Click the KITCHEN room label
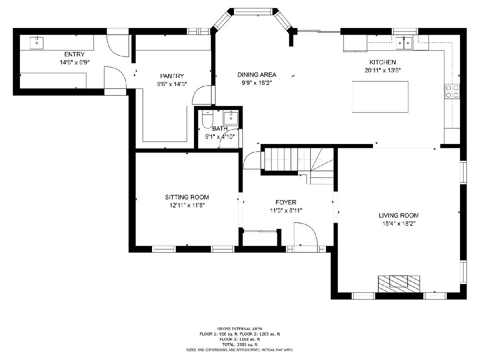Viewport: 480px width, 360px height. [382, 62]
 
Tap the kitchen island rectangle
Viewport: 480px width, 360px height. [380, 97]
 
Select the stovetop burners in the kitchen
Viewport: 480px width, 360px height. [452, 91]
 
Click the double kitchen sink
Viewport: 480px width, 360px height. [404, 43]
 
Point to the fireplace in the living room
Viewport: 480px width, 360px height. [399, 284]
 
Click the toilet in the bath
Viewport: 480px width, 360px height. [207, 119]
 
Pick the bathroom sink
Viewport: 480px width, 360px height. [230, 118]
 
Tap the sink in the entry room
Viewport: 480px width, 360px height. [36, 43]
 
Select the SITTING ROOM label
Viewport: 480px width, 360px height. [187, 197]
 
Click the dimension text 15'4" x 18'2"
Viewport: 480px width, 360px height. [399, 224]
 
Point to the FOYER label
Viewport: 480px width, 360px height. [286, 202]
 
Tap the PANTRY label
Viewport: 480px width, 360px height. [172, 76]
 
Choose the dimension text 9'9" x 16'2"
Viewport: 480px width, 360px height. [257, 83]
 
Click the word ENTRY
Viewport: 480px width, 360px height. [74, 54]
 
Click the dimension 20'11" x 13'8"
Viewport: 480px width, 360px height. [382, 70]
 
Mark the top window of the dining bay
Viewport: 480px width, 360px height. [253, 11]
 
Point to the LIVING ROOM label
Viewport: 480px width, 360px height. [399, 216]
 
